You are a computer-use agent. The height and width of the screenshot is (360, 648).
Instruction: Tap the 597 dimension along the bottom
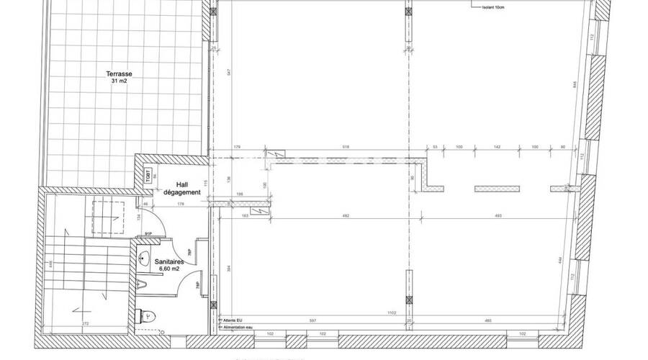(x=312, y=320)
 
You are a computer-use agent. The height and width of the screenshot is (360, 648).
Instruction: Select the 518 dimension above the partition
(x=346, y=147)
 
